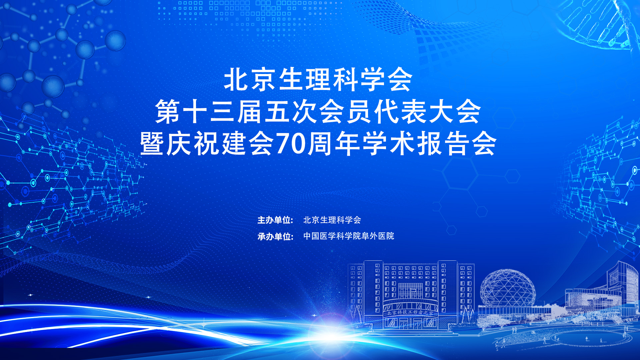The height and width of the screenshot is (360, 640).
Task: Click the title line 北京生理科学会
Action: [318, 80]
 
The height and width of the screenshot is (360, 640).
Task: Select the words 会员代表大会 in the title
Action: [400, 112]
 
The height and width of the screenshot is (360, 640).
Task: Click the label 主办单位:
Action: [275, 220]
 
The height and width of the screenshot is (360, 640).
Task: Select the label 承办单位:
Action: [275, 236]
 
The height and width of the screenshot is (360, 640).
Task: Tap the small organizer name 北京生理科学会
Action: [332, 220]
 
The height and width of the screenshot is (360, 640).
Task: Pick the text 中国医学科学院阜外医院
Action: [349, 236]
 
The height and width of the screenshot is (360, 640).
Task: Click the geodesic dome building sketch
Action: [508, 288]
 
